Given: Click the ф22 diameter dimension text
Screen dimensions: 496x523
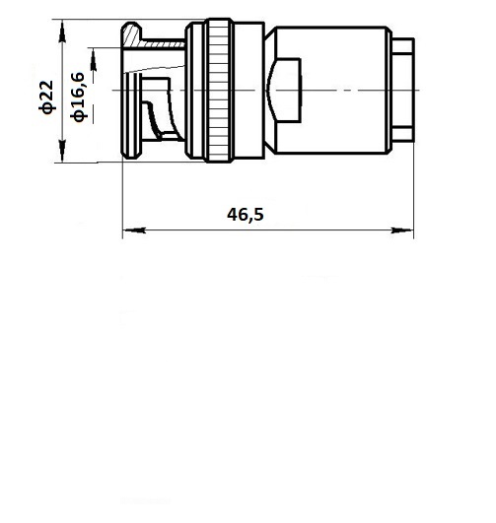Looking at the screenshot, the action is pyautogui.click(x=46, y=98).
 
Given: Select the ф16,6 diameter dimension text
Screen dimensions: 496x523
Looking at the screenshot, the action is pyautogui.click(x=79, y=97).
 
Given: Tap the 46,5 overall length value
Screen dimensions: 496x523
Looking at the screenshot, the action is pyautogui.click(x=246, y=215).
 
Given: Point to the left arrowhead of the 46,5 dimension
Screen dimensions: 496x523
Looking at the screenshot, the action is pyautogui.click(x=134, y=229).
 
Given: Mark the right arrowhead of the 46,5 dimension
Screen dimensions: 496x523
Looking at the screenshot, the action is pyautogui.click(x=401, y=229).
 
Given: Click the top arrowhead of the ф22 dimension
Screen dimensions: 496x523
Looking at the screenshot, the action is pyautogui.click(x=62, y=32).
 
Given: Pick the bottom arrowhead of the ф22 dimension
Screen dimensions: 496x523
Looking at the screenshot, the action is pyautogui.click(x=62, y=151).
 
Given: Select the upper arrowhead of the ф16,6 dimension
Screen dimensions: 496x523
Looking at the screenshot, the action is pyautogui.click(x=94, y=59).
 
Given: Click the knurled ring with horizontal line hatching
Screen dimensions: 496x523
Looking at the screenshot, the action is pyautogui.click(x=219, y=91).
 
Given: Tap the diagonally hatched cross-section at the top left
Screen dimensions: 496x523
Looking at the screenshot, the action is pyautogui.click(x=132, y=36).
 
